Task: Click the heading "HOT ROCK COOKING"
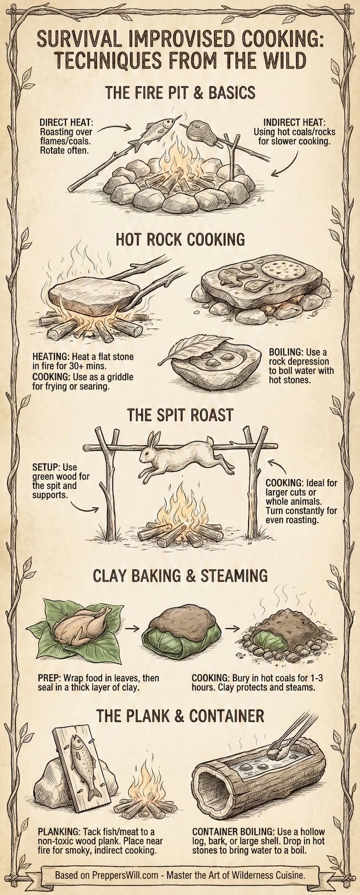click(180, 239)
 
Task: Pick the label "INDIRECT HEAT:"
click(294, 123)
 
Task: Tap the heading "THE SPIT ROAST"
click(180, 415)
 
